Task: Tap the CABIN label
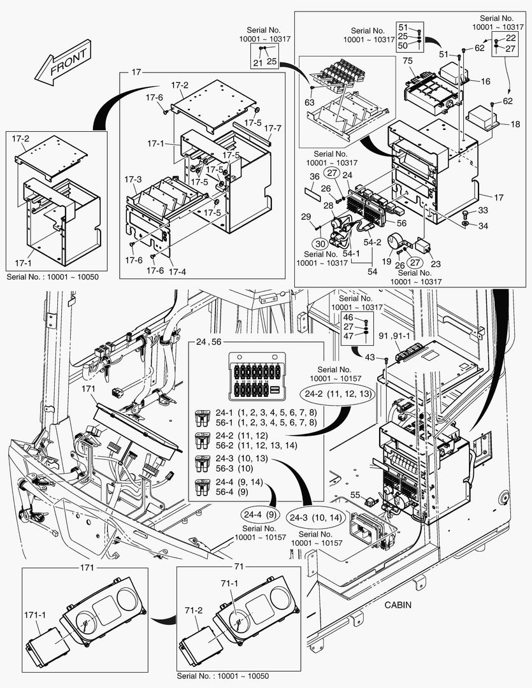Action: [400, 605]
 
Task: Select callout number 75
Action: [408, 61]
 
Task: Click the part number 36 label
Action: [315, 176]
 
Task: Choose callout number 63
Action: [309, 101]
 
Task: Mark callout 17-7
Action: [272, 128]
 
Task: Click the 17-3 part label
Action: [134, 180]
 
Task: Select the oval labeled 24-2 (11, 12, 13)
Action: [338, 394]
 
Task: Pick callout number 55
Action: [355, 494]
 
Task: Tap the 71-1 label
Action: [229, 583]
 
